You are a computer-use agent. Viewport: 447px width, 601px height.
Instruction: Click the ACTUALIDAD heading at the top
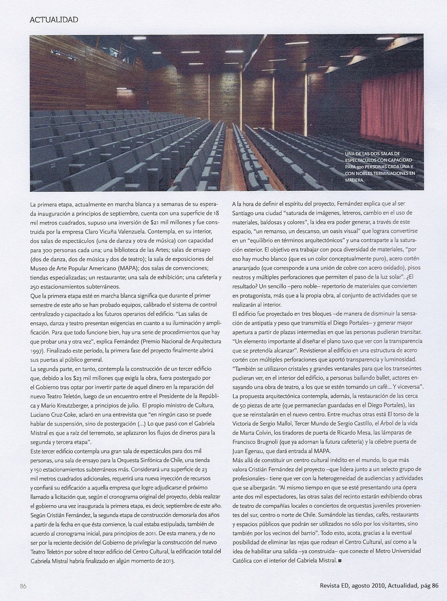click(54, 20)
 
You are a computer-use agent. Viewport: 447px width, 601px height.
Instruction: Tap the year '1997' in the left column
click(36, 351)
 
